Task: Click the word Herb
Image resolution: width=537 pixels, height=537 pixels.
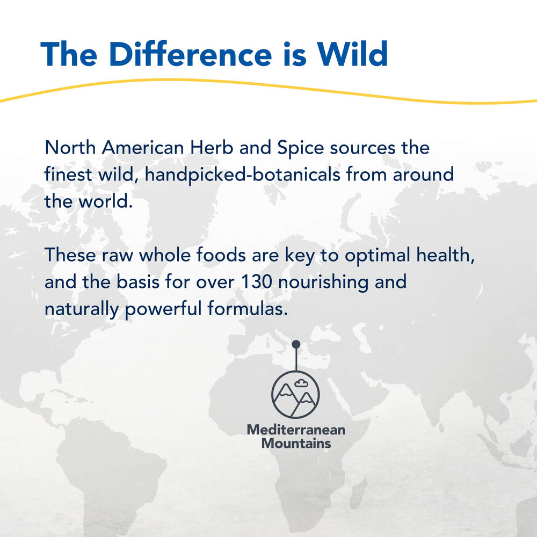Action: [x=211, y=148]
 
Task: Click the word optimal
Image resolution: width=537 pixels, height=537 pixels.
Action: [x=378, y=255]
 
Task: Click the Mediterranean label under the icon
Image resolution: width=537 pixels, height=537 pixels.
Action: [x=296, y=430]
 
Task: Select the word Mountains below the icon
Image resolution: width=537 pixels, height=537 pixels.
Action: [x=296, y=444]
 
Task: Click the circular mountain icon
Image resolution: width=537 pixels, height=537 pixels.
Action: [x=295, y=395]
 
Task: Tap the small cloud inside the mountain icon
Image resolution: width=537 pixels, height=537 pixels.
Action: [x=303, y=383]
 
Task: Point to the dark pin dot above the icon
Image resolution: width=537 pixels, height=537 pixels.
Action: [x=296, y=344]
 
